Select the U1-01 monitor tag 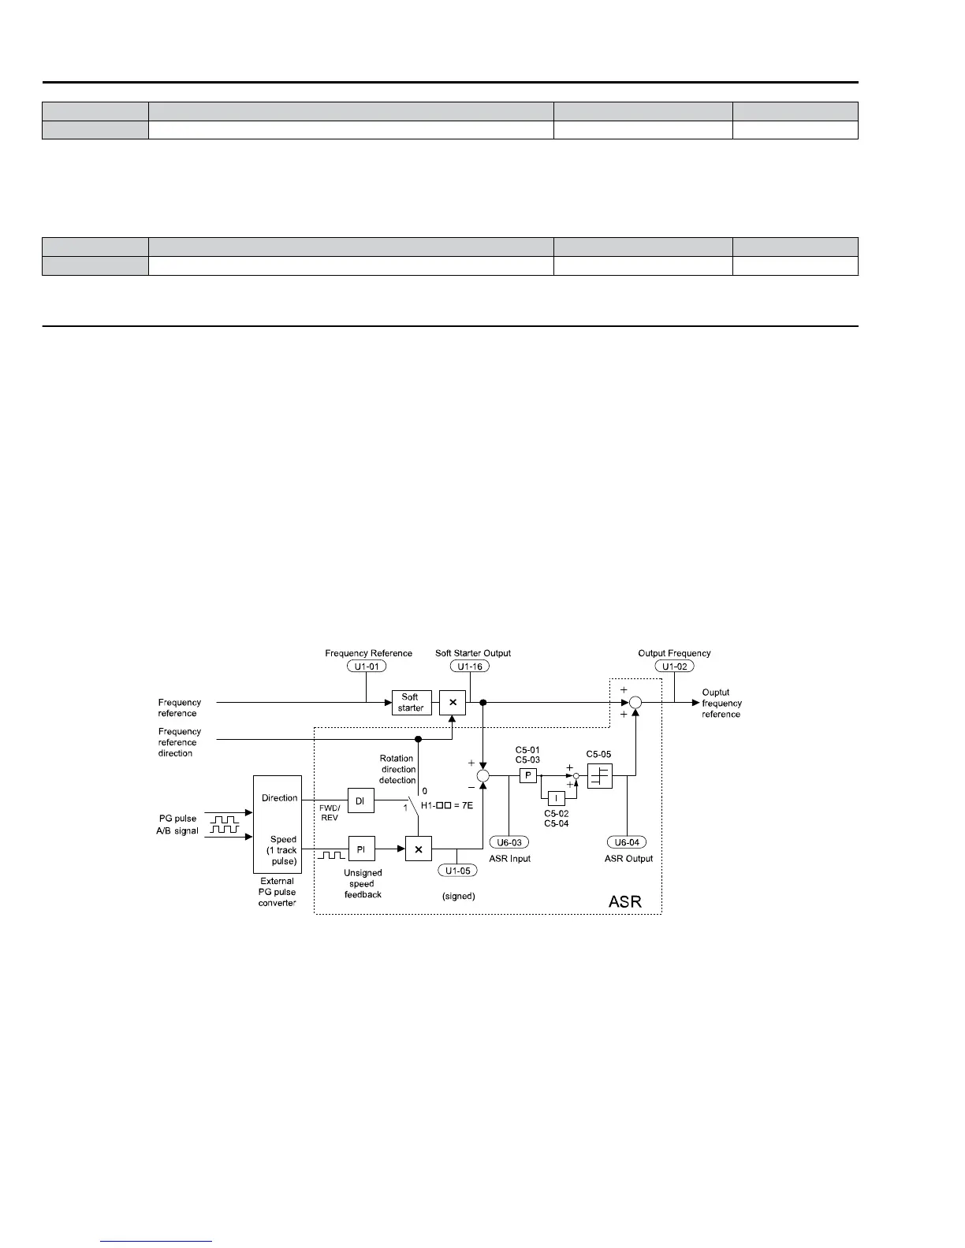point(366,667)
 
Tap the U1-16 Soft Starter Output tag point(470,667)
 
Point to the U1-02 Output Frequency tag point(674,667)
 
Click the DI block point(360,801)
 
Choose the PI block point(360,849)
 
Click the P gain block point(527,775)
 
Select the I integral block point(556,798)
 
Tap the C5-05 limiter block point(600,775)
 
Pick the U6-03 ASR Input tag point(509,842)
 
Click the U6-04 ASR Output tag point(627,842)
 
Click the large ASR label point(625,901)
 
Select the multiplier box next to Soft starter point(453,702)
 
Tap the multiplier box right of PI point(419,849)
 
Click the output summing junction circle point(636,702)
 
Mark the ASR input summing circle point(483,776)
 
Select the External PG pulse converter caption point(277,892)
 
